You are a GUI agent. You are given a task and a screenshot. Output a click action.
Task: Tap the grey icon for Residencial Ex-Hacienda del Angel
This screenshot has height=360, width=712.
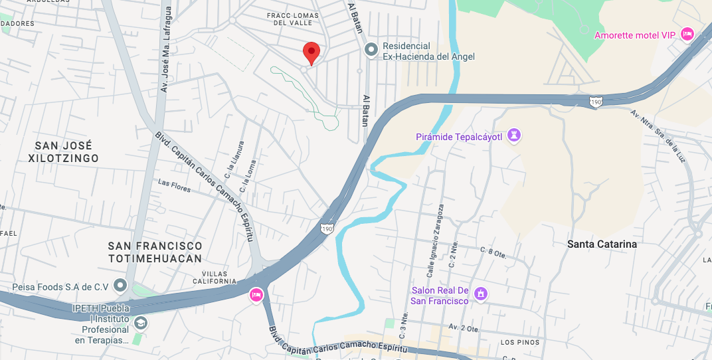[x=371, y=49]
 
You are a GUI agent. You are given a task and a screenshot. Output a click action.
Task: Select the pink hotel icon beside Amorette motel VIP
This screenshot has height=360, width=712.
[x=687, y=34]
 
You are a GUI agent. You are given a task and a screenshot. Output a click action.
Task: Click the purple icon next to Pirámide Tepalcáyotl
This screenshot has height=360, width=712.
[x=513, y=136]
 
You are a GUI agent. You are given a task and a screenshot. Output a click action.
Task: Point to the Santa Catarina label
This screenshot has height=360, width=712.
[x=602, y=244]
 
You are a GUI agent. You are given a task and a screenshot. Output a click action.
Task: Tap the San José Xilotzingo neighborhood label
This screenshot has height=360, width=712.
[x=64, y=151]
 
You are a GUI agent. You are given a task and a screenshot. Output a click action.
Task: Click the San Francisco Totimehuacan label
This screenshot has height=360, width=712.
[x=155, y=252]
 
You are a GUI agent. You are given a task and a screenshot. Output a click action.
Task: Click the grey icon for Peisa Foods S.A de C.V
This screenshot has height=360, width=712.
[x=120, y=286]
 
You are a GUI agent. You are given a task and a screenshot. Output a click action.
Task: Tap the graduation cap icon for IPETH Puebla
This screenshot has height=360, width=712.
[x=140, y=323]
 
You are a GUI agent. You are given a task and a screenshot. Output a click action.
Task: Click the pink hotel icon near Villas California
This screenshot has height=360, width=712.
[x=256, y=295]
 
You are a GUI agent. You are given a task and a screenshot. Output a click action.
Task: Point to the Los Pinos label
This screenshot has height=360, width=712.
[x=517, y=343]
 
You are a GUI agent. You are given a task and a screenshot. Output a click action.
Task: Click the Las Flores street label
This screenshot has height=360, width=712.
[x=174, y=186]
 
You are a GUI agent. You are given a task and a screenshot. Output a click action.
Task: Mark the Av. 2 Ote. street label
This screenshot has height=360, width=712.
[x=464, y=327]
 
